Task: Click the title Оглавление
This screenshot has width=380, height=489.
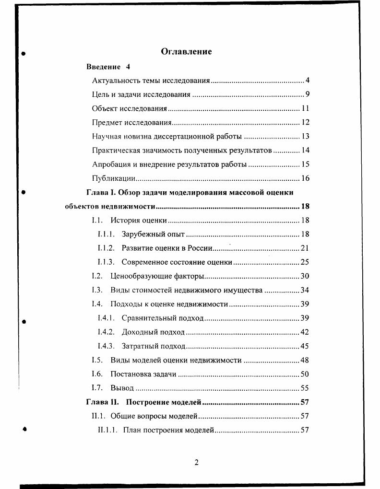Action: click(x=186, y=51)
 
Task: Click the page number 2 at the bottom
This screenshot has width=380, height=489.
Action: click(x=196, y=462)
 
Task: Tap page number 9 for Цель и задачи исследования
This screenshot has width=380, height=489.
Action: click(x=307, y=94)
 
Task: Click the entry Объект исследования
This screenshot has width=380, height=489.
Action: click(x=129, y=108)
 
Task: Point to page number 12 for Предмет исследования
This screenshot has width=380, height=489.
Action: click(x=305, y=123)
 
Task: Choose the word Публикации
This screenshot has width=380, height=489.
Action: click(x=113, y=178)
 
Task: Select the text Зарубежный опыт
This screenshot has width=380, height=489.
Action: click(x=153, y=234)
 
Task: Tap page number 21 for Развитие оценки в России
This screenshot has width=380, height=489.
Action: click(x=305, y=248)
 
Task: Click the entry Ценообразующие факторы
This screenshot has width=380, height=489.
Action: click(x=157, y=276)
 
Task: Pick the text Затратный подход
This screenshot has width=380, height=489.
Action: click(x=153, y=346)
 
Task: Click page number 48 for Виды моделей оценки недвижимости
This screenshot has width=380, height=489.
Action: click(x=305, y=360)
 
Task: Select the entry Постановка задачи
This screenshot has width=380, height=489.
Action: click(x=143, y=374)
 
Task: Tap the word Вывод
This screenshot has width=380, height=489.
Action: click(x=122, y=388)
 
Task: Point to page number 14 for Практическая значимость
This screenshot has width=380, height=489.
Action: click(x=305, y=151)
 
